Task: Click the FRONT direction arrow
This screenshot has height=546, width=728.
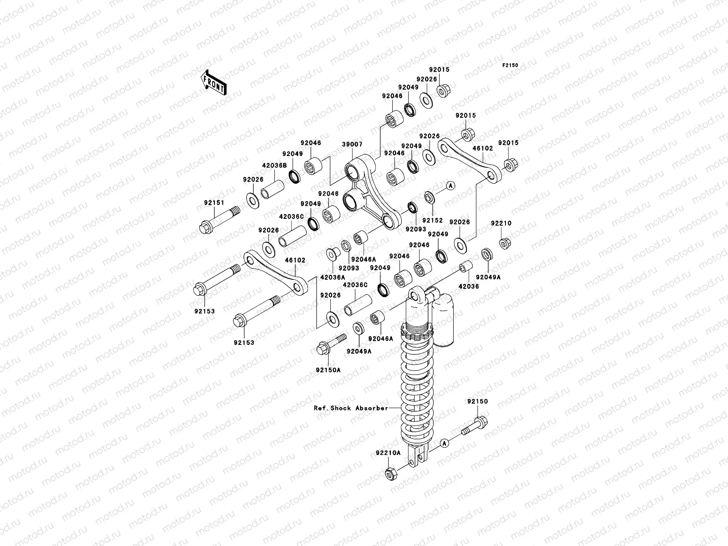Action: point(215,82)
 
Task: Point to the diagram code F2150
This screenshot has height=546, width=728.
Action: point(510,66)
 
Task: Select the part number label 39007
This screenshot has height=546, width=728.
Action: point(352,144)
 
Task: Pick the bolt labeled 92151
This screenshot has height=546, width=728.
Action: point(219,219)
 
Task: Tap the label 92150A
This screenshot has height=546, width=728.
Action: point(328,370)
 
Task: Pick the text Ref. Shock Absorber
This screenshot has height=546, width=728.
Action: point(351,408)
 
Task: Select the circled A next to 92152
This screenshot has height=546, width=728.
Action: point(450,185)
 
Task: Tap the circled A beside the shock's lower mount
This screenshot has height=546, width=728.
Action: point(445,442)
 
